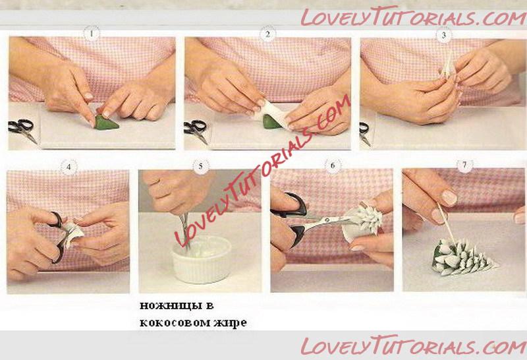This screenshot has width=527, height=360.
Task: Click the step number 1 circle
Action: (92, 34)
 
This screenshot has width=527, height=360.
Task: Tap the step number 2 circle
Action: (267, 34)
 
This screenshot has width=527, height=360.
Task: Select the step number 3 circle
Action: (443, 35)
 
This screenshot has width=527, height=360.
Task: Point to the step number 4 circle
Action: (69, 167)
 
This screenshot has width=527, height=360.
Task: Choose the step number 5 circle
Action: (201, 167)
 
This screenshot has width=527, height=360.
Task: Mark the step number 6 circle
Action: (333, 165)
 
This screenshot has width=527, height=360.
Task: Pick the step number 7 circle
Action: (465, 165)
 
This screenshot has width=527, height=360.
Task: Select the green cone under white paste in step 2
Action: (271, 122)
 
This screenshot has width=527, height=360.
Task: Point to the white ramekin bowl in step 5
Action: (202, 259)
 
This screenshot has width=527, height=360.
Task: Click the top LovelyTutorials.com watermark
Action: (414, 17)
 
